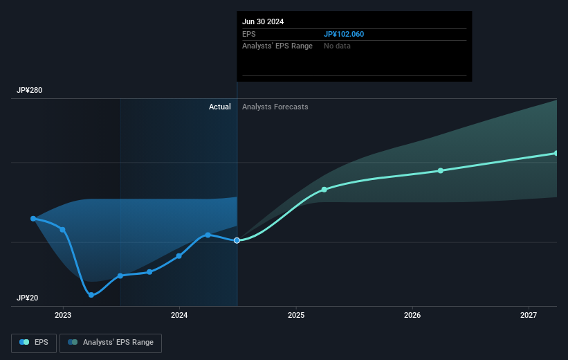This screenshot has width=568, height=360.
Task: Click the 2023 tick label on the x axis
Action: pos(63,315)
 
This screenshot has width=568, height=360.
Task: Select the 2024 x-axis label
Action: pos(179,315)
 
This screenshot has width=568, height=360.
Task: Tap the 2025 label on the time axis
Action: pos(296,315)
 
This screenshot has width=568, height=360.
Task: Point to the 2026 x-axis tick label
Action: pos(412,315)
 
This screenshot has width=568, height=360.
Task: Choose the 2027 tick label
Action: pos(529,315)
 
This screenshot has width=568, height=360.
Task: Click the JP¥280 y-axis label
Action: pos(29,90)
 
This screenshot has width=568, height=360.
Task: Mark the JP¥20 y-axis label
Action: pos(27,298)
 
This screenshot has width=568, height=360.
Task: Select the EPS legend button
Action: pos(34,343)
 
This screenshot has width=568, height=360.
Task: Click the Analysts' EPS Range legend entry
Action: pos(111,343)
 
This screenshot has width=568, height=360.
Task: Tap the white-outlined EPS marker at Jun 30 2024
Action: pos(237,240)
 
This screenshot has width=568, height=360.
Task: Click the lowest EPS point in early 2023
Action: pos(91,295)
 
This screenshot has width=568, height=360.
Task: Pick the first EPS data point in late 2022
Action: pos(33,219)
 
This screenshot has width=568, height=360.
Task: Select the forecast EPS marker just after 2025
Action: pos(324,190)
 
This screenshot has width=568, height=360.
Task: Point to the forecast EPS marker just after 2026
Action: pos(441,171)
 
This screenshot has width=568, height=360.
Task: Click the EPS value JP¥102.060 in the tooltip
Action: pos(344,34)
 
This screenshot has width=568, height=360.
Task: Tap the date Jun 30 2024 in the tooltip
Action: pos(263,21)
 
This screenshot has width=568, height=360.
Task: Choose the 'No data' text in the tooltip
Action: pos(337,46)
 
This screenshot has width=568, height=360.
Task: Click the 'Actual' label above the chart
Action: pos(220,107)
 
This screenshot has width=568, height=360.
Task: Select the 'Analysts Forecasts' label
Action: pos(275,107)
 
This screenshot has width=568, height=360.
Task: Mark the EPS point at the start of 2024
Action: pos(179,256)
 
